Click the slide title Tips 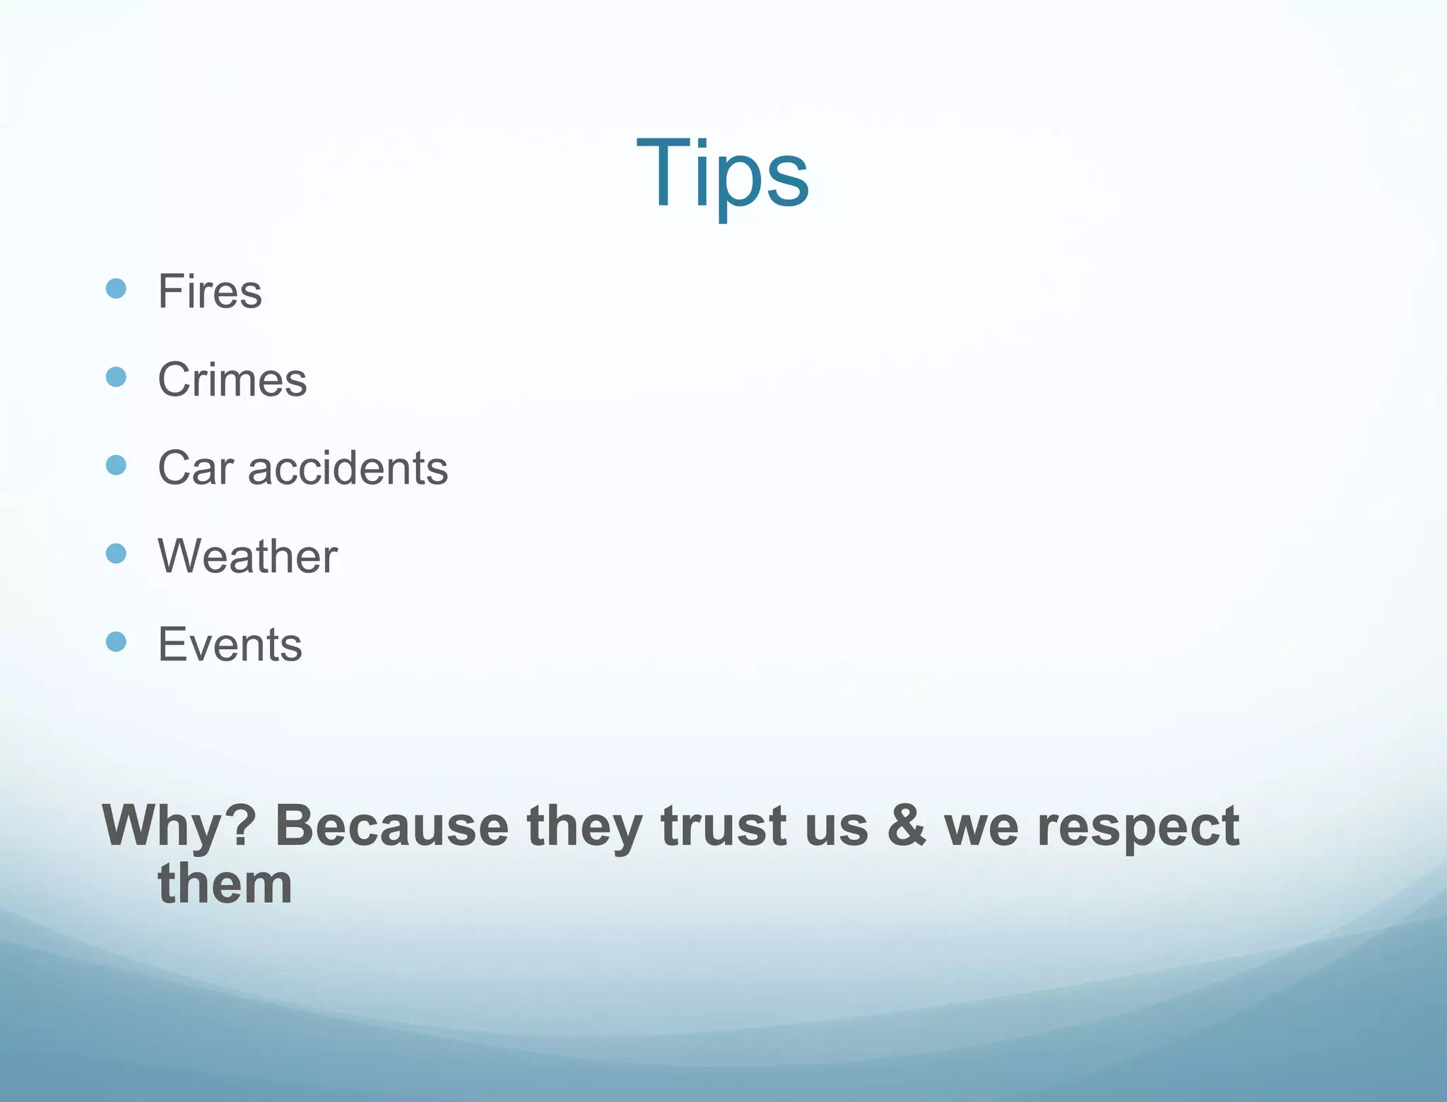[722, 173]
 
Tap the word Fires [210, 291]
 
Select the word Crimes [232, 379]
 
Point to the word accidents [348, 468]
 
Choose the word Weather [248, 556]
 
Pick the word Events [230, 644]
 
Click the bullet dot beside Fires [116, 288]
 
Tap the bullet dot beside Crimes [116, 377]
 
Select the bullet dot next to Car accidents [116, 465]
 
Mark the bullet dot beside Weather [116, 553]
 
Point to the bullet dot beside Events [116, 641]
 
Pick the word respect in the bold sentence [1138, 826]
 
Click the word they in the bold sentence [584, 826]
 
